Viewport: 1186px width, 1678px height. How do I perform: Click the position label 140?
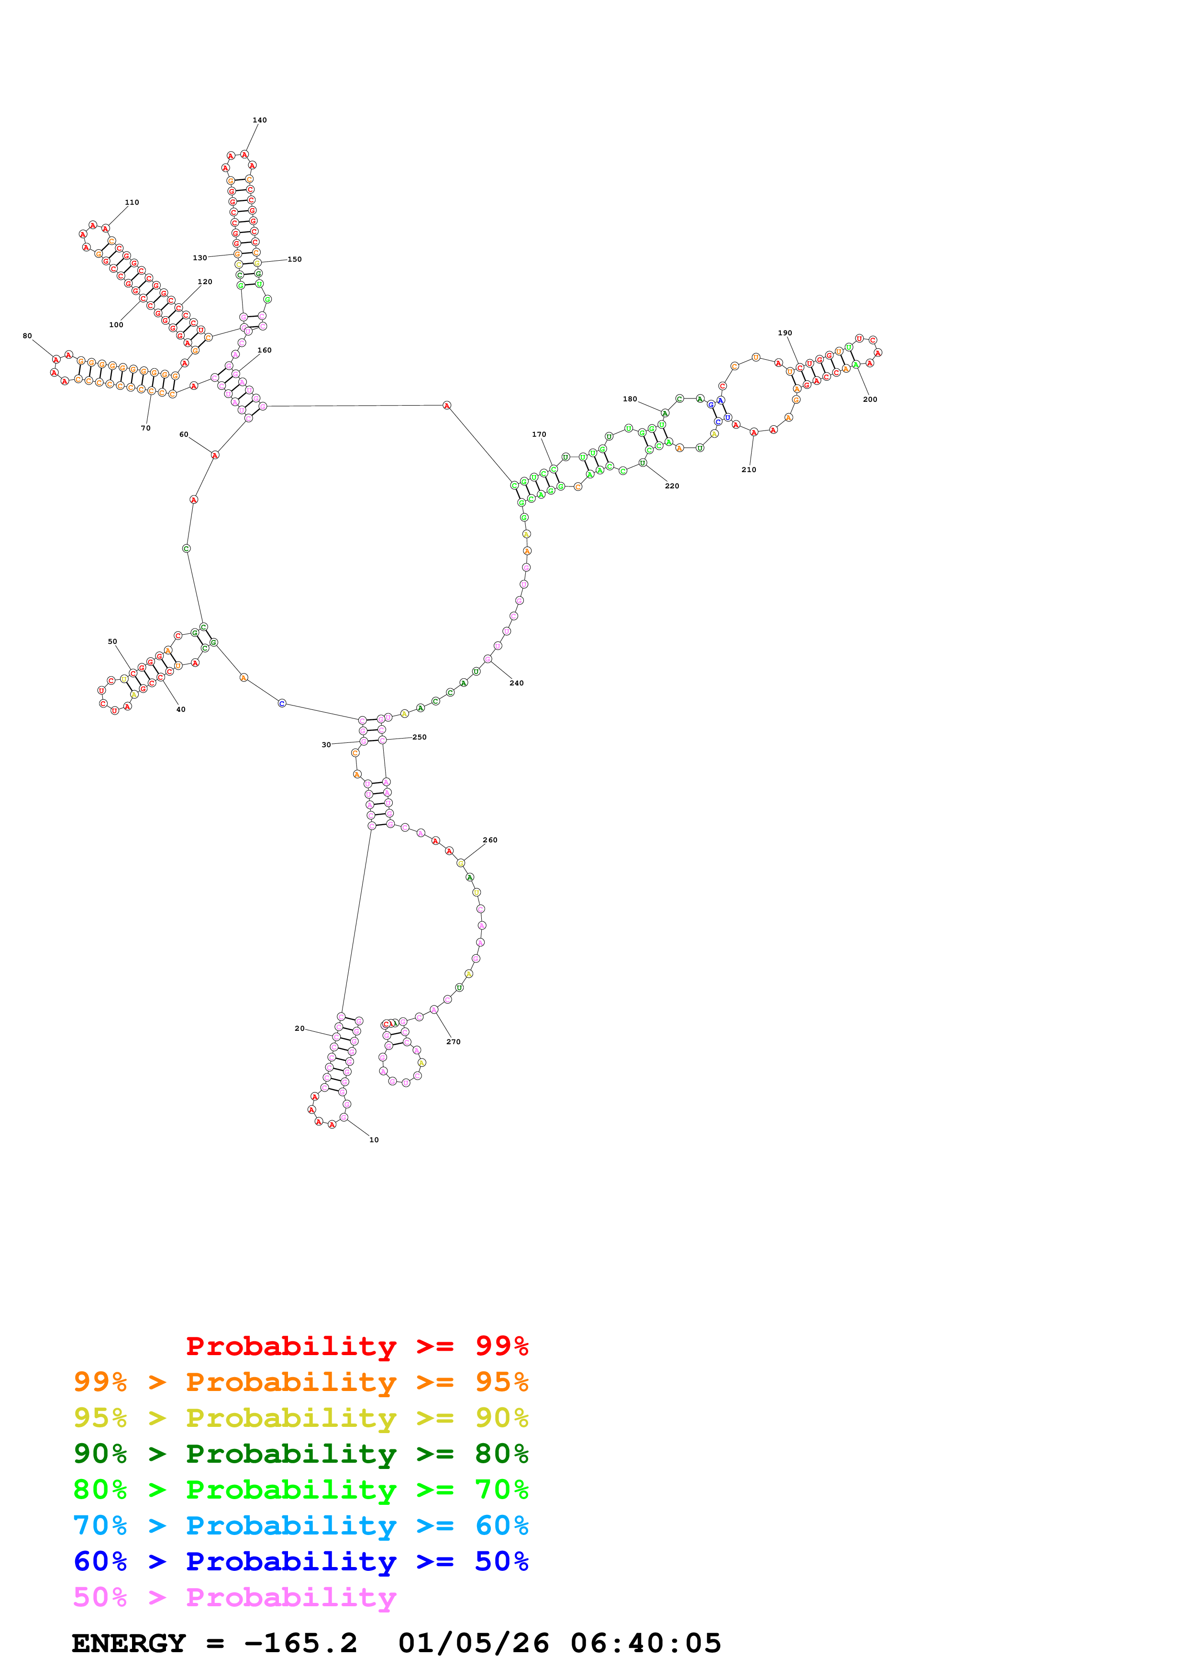click(x=259, y=120)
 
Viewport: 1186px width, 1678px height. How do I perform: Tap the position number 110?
click(x=132, y=202)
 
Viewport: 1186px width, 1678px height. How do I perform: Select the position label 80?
click(x=27, y=336)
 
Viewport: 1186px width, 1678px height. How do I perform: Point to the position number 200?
click(x=870, y=400)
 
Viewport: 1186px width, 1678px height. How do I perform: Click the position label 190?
click(x=785, y=333)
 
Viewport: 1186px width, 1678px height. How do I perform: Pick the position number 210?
click(x=748, y=470)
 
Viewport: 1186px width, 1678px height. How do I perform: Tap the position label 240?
click(x=516, y=684)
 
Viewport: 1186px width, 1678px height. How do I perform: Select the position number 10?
click(x=374, y=1140)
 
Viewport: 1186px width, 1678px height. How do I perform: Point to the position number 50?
click(x=112, y=641)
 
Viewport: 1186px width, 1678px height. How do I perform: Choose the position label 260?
click(x=489, y=840)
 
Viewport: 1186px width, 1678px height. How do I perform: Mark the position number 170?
click(x=539, y=435)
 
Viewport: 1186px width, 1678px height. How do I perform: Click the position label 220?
click(x=672, y=486)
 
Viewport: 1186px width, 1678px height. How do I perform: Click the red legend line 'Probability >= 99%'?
click(x=356, y=1346)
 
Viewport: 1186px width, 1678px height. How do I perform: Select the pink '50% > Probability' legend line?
click(x=234, y=1598)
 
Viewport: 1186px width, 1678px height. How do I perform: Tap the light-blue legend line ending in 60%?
click(x=300, y=1526)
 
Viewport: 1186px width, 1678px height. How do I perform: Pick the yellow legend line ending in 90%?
click(x=300, y=1418)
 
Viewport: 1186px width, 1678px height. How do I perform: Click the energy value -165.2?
click(x=300, y=1644)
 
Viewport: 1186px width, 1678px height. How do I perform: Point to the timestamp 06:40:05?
click(x=645, y=1644)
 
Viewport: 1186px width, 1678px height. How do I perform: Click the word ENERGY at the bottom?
click(x=129, y=1644)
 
